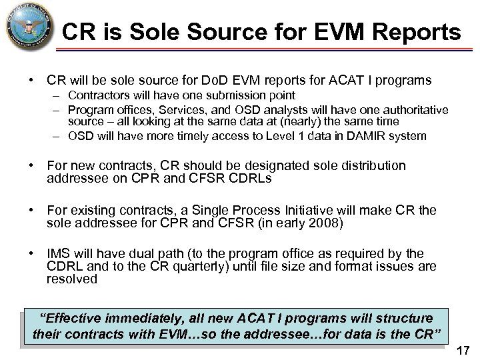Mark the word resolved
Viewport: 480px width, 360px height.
[72, 279]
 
